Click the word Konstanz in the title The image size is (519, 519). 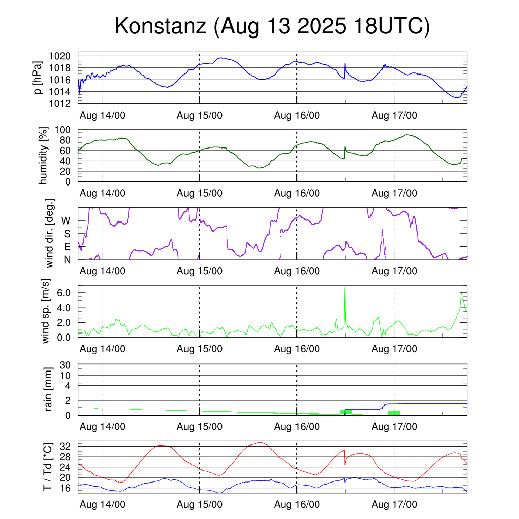[158, 26]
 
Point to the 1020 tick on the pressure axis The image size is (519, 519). [63, 56]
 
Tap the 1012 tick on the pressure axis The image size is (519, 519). [63, 104]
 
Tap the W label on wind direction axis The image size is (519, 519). [66, 221]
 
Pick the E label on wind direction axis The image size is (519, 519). [67, 247]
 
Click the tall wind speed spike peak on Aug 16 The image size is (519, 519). [345, 287]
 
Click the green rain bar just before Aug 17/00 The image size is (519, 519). [394, 413]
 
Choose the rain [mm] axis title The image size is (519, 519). [48, 389]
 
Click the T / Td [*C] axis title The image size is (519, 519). [47, 467]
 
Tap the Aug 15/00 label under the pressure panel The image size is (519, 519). [200, 115]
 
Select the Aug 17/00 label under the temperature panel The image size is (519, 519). [395, 505]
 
